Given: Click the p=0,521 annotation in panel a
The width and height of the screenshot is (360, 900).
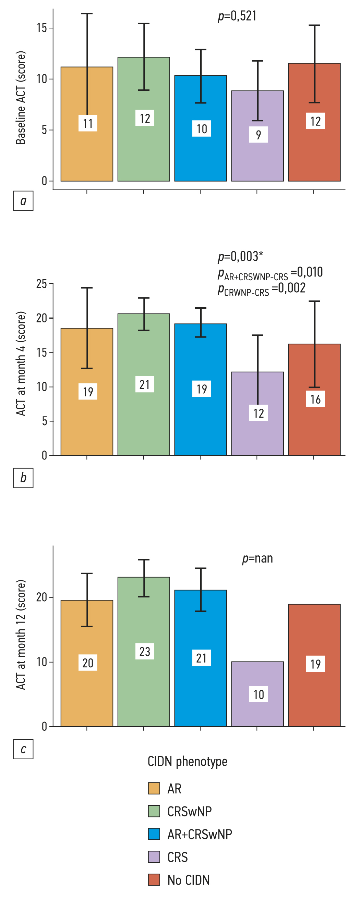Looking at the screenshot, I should [237, 16].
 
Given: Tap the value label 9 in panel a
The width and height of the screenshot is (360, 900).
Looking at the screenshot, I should [258, 135].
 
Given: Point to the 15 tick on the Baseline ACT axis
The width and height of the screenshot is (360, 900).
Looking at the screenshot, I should [42, 28].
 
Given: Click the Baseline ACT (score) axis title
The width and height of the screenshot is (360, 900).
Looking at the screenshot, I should [21, 98].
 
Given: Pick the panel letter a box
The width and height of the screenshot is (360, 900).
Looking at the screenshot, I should [23, 201].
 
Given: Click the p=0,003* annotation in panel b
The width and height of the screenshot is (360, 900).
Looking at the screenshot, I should [240, 256].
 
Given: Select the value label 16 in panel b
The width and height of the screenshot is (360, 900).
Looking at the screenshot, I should [315, 399].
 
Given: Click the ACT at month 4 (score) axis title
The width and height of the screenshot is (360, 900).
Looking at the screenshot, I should [21, 363].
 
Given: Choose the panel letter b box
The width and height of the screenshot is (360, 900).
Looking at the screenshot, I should [23, 478].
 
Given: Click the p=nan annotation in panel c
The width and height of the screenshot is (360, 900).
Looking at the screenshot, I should [257, 558].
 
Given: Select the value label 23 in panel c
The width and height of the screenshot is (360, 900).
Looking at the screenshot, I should [145, 652].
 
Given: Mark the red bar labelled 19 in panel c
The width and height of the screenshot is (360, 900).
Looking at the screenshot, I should [314, 692].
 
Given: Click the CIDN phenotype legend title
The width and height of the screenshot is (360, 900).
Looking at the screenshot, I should [187, 761].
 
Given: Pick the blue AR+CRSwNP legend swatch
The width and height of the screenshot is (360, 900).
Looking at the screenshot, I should [154, 834].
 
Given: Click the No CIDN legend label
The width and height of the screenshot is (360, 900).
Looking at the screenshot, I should [188, 880].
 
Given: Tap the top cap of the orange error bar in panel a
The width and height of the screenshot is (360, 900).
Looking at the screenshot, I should [87, 14].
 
